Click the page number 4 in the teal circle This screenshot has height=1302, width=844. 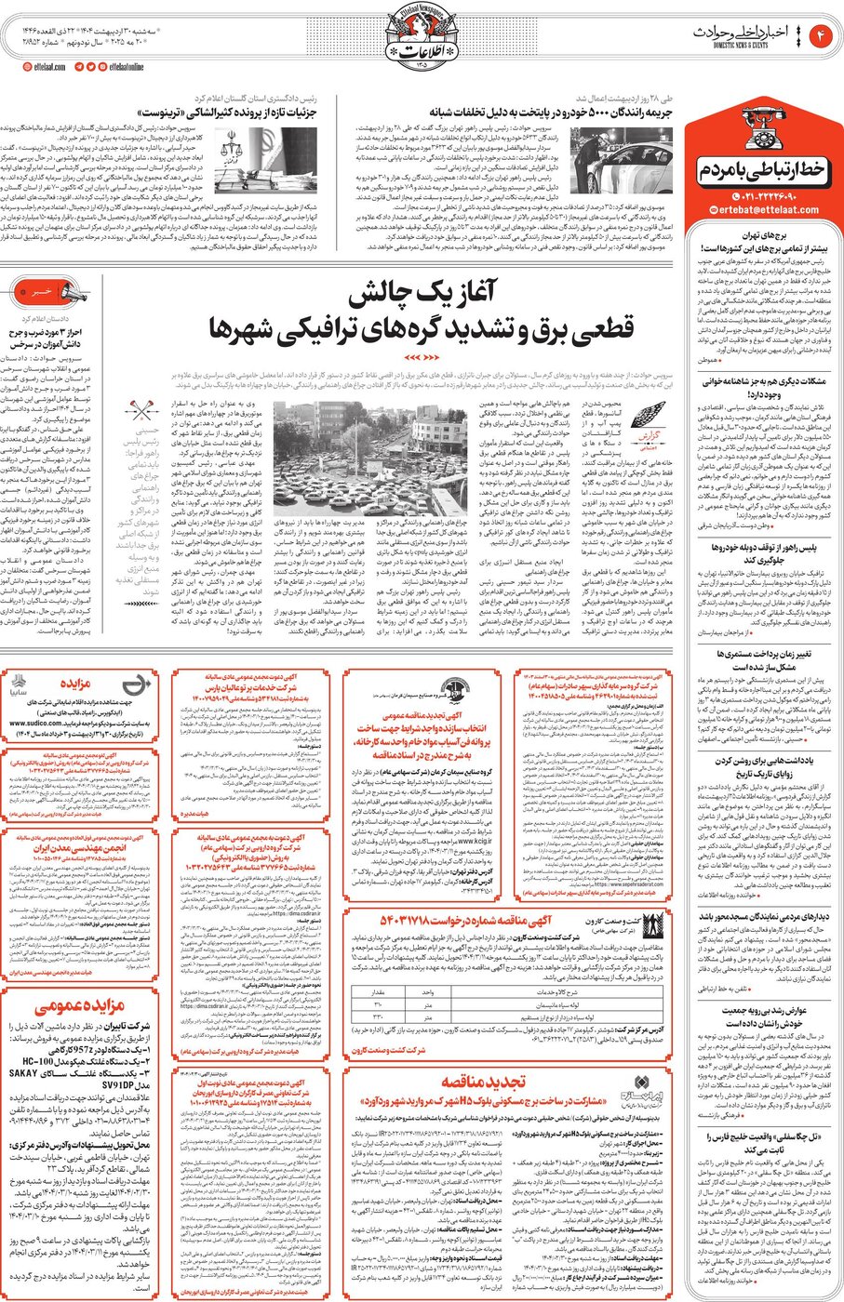click(822, 36)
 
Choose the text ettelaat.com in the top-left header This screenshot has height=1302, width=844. click(46, 67)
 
